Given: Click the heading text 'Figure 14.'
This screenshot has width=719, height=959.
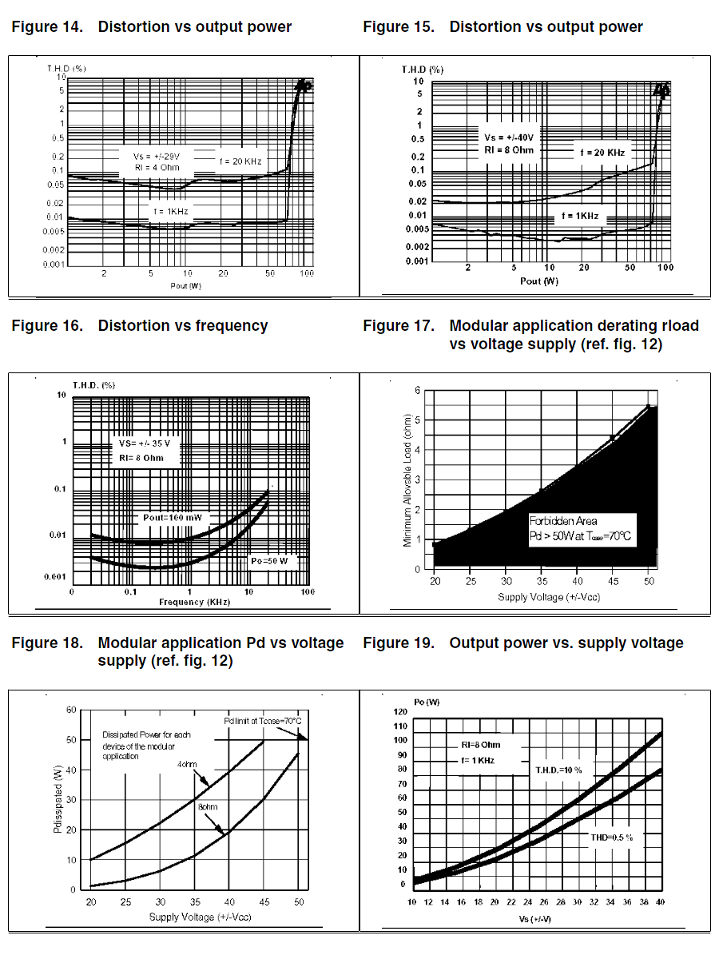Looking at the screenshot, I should pos(47,27).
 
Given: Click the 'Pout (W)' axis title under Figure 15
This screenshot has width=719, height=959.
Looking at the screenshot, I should pos(538,281).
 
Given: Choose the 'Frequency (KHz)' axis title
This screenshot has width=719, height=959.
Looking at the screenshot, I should pos(194,602).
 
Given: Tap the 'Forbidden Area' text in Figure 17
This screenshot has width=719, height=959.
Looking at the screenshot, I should pos(562,521).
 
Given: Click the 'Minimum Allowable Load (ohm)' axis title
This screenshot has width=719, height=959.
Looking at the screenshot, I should pos(407,480).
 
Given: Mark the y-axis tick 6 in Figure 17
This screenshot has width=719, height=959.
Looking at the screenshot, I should pos(417,390).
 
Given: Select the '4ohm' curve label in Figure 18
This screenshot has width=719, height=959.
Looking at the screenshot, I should pos(188,764).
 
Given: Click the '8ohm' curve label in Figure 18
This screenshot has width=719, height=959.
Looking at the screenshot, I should pos(207,807).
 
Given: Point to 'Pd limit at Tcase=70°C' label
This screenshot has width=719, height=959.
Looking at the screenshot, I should pos(262,721).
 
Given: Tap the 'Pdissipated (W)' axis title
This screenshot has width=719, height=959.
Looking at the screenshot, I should pos(58,800).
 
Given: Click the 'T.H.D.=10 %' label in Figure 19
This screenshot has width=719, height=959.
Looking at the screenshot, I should pos(558,770).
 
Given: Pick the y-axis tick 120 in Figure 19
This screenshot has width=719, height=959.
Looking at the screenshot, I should pos(400,711).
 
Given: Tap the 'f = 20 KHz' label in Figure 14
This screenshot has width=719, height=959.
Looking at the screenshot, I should pos(240,161).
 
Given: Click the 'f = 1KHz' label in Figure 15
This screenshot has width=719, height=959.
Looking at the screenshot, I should pos(579,217).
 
